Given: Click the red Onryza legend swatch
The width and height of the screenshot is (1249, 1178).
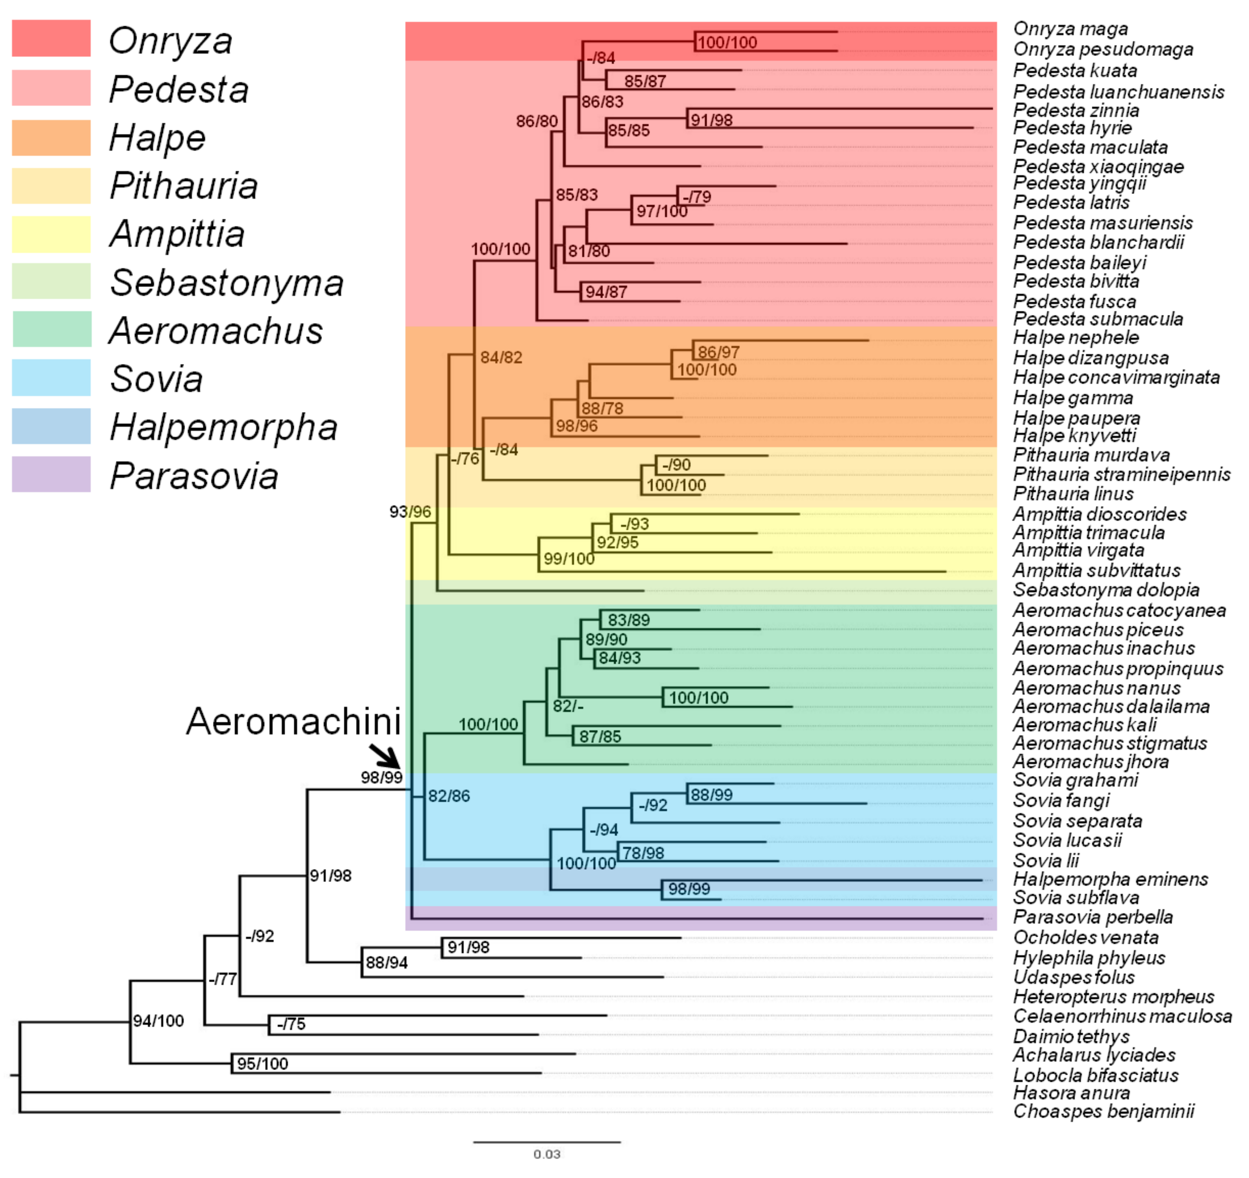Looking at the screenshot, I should click(x=51, y=38).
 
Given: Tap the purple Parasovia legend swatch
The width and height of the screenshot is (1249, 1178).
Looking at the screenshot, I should click(x=51, y=474).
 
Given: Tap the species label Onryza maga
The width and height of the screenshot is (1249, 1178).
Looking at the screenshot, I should click(x=1071, y=29).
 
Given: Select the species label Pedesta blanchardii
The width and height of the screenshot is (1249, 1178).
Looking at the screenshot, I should click(x=1098, y=243).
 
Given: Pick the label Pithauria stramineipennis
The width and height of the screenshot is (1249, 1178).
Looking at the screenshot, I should click(x=1121, y=474).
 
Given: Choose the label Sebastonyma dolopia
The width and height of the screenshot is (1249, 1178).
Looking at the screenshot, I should click(x=1106, y=590).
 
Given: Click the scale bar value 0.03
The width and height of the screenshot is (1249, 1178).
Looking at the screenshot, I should click(x=547, y=1154).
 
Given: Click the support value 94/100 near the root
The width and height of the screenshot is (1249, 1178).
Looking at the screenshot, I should click(x=158, y=1021).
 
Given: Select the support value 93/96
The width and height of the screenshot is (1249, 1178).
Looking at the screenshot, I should click(x=410, y=512).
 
